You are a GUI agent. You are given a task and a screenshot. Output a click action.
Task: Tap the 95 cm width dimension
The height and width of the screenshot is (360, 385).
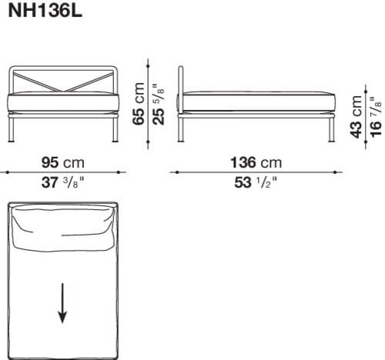click(x=62, y=162)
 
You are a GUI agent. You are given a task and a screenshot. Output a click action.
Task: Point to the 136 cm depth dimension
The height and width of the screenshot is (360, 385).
click(x=256, y=162)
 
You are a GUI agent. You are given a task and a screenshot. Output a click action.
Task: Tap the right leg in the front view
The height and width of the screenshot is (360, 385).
click(x=112, y=131)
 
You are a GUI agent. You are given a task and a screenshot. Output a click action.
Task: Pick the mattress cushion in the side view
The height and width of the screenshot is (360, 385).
click(x=258, y=102)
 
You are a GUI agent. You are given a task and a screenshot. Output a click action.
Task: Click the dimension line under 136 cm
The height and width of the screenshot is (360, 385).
click(x=256, y=172)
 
